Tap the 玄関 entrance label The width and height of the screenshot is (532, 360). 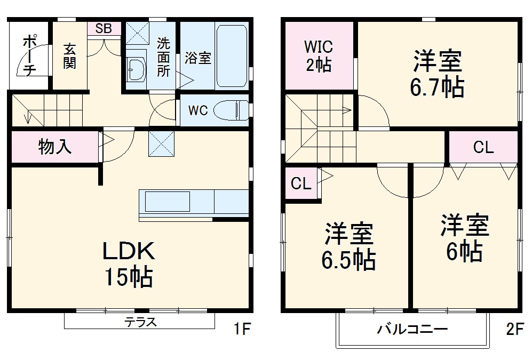click(69, 55)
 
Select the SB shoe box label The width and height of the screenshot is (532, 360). click(104, 29)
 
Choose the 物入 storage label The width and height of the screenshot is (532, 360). click(55, 147)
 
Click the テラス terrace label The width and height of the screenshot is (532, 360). click(140, 322)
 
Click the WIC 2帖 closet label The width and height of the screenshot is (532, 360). click(319, 55)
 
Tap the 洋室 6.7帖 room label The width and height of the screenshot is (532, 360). click(436, 74)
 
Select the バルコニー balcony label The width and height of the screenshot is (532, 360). click(412, 329)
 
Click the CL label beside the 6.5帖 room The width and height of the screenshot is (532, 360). click(300, 184)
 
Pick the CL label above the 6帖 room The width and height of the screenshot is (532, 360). click(483, 148)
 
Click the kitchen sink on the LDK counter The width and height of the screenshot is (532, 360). click(168, 202)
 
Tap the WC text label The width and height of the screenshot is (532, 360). click(197, 111)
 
